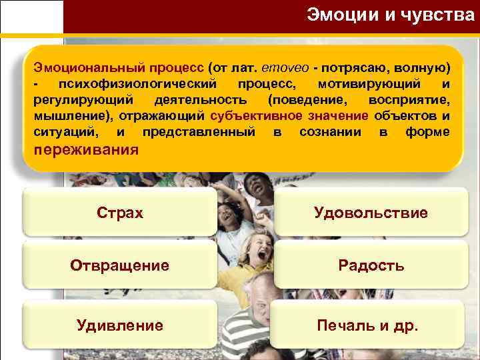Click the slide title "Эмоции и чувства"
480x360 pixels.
389,15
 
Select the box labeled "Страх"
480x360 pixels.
120,213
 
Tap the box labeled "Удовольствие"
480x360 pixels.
371,213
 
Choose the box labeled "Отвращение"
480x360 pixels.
120,265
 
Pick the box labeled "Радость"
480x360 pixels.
371,265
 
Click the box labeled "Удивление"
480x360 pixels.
120,325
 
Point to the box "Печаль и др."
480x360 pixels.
371,325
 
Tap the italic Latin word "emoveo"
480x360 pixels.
262,68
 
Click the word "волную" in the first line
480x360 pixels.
424,68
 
